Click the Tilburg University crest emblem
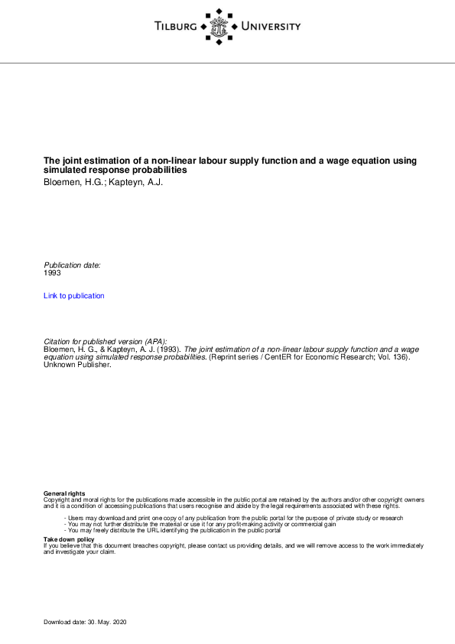point(219,27)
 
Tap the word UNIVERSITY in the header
point(271,28)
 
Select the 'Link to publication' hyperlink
point(74,296)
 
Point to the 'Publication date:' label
point(72,265)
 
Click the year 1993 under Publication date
point(52,272)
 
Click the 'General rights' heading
point(64,493)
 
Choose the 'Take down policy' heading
point(69,539)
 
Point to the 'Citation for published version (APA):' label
point(106,341)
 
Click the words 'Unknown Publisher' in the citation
point(77,365)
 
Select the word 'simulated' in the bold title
point(63,170)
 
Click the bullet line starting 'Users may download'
point(233,518)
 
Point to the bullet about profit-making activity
point(200,524)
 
